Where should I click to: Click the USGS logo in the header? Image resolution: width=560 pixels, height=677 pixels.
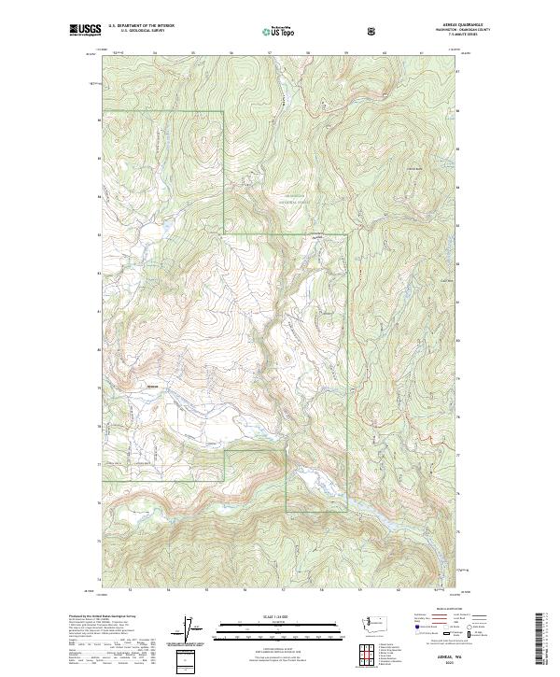click(x=85, y=31)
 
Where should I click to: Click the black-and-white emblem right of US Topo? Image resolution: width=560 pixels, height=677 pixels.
click(x=373, y=31)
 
